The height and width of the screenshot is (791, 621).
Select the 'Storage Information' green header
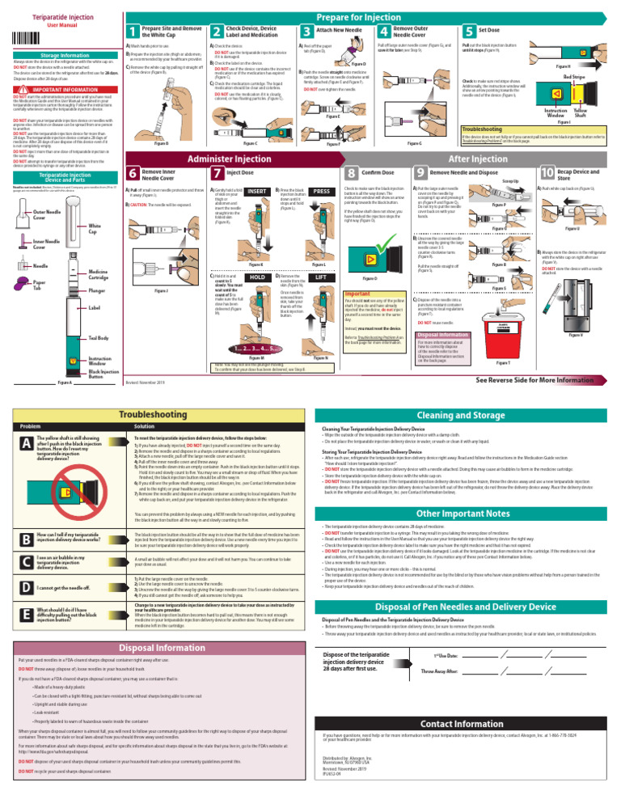pos(58,55)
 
